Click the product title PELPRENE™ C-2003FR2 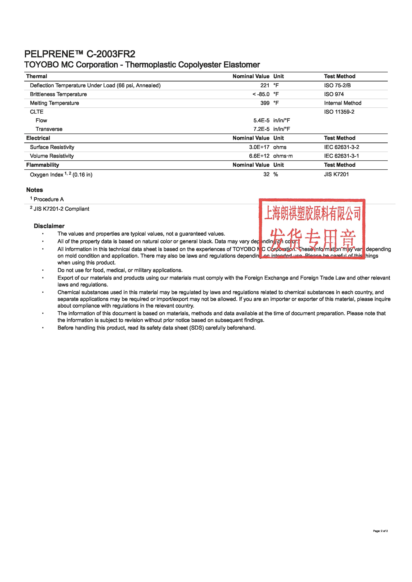click(80, 54)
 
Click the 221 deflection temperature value click(265, 85)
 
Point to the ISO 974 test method click(334, 94)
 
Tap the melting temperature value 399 click(265, 103)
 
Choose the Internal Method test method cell click(342, 103)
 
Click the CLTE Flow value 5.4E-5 click(261, 120)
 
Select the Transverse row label click(49, 129)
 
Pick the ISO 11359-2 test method click(339, 112)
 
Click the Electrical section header click(38, 138)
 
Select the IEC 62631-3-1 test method click(341, 156)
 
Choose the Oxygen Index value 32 click(266, 174)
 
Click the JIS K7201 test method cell click(336, 174)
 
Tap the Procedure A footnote click(48, 199)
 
